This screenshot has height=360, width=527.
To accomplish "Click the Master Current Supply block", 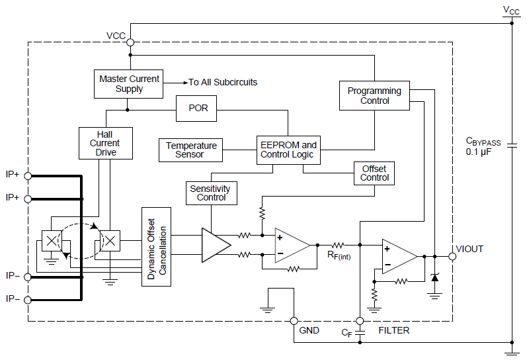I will (129, 83).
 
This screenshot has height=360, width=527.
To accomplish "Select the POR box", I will (198, 109).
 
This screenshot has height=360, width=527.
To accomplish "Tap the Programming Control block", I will (374, 96).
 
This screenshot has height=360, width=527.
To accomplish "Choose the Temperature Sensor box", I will (191, 150).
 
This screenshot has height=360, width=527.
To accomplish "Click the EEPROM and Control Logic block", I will (288, 150).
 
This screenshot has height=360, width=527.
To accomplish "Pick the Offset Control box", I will (374, 173).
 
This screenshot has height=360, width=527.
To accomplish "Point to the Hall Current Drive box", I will (106, 143).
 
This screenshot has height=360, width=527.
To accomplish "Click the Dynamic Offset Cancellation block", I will (157, 247).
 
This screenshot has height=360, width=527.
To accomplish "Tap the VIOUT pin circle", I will (452, 256).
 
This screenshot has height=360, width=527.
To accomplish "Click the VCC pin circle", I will (130, 42).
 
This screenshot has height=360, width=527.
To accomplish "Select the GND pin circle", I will (294, 321).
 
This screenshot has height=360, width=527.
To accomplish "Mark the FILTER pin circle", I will (360, 321).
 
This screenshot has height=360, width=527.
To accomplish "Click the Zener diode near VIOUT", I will (434, 277).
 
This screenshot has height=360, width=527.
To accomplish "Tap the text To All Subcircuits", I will (223, 83).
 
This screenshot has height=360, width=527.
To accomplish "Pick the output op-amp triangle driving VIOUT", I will (399, 256).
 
